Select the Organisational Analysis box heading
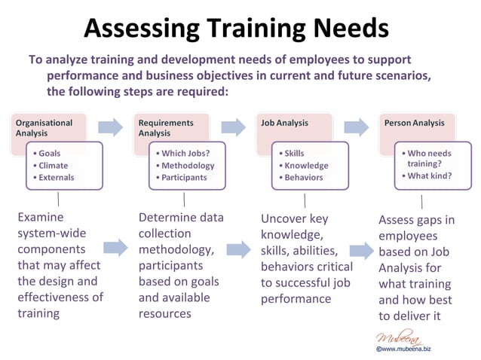pos(44,127)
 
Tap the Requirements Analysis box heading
pos(166,127)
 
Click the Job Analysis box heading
pos(284,122)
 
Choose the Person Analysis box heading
pos(414,122)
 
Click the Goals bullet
pos(51,153)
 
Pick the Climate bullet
pos(54,165)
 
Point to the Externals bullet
pos(57,177)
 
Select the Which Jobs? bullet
pos(185,153)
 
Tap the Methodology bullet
pos(188,165)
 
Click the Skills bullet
pos(294,153)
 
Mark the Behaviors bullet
pos(303,177)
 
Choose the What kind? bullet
pos(429,175)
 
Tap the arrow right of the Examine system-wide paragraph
pos(115,247)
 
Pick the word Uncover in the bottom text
pos(285,219)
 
